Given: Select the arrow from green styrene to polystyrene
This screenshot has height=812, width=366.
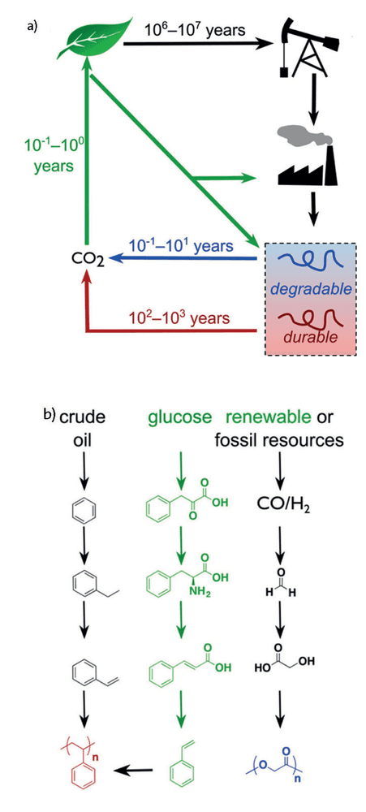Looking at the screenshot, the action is pyautogui.click(x=135, y=771).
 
